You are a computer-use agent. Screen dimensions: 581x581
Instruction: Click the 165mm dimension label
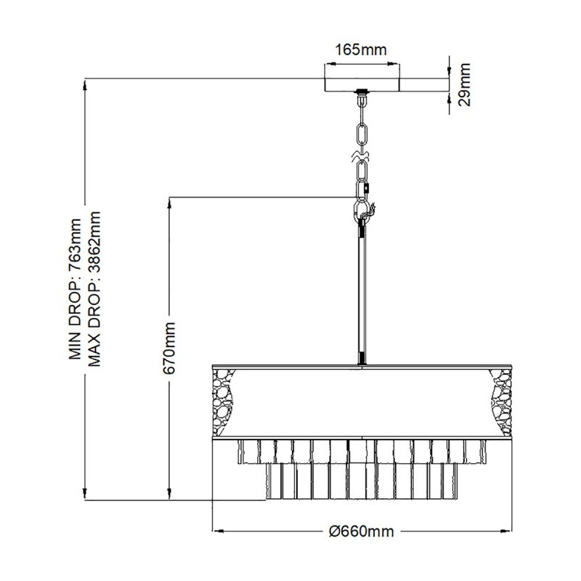(x=360, y=49)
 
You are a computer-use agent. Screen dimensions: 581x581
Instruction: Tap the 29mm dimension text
(x=464, y=85)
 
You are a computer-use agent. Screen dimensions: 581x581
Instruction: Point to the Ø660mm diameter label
(x=361, y=532)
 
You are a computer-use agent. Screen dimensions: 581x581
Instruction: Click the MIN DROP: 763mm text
(x=75, y=289)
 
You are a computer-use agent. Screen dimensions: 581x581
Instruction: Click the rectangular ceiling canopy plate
(x=362, y=85)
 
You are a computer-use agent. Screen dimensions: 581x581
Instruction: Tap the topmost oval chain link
(x=362, y=134)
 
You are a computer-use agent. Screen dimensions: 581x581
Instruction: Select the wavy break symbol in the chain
(x=361, y=156)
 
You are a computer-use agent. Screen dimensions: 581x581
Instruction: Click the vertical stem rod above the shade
(x=361, y=295)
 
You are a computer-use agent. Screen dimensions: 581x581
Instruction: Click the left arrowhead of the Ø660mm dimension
(x=218, y=531)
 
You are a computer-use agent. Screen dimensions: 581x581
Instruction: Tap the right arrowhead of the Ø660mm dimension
(x=505, y=531)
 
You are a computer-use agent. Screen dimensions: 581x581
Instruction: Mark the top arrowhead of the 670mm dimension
(x=169, y=203)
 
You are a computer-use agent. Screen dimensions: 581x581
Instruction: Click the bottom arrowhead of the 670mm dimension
(x=169, y=494)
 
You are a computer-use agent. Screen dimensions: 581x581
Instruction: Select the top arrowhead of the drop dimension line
(x=85, y=84)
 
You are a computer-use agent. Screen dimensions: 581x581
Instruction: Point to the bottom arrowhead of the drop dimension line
(x=85, y=494)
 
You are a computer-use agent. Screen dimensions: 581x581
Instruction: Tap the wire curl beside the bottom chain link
(x=370, y=213)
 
